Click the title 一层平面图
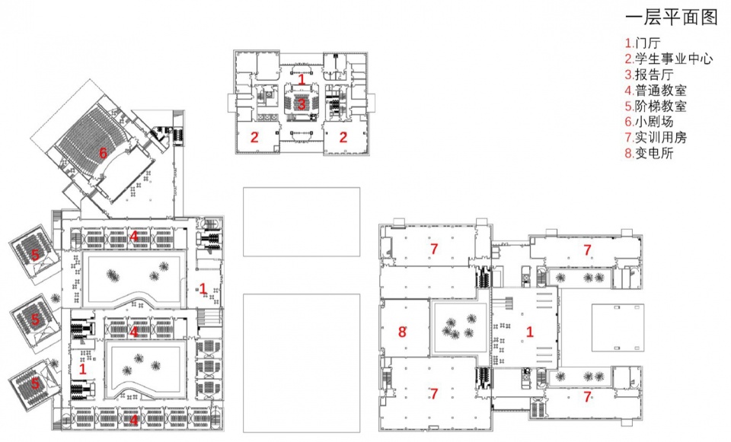[671, 17]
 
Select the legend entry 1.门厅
[643, 43]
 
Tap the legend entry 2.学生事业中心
[669, 59]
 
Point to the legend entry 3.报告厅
[650, 75]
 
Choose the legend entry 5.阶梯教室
[656, 106]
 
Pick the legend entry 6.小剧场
[650, 122]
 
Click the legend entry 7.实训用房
[656, 138]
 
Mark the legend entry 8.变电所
[650, 153]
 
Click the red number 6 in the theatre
[103, 153]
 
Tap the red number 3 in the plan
[302, 104]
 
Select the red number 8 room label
[402, 332]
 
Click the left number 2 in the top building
[254, 137]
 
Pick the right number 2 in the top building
[343, 137]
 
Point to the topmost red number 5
[35, 254]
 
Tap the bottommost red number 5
[35, 383]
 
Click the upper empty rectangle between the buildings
[302, 221]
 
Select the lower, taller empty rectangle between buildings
[302, 363]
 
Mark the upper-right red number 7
[587, 250]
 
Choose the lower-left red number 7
[434, 394]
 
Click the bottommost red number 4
[134, 420]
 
